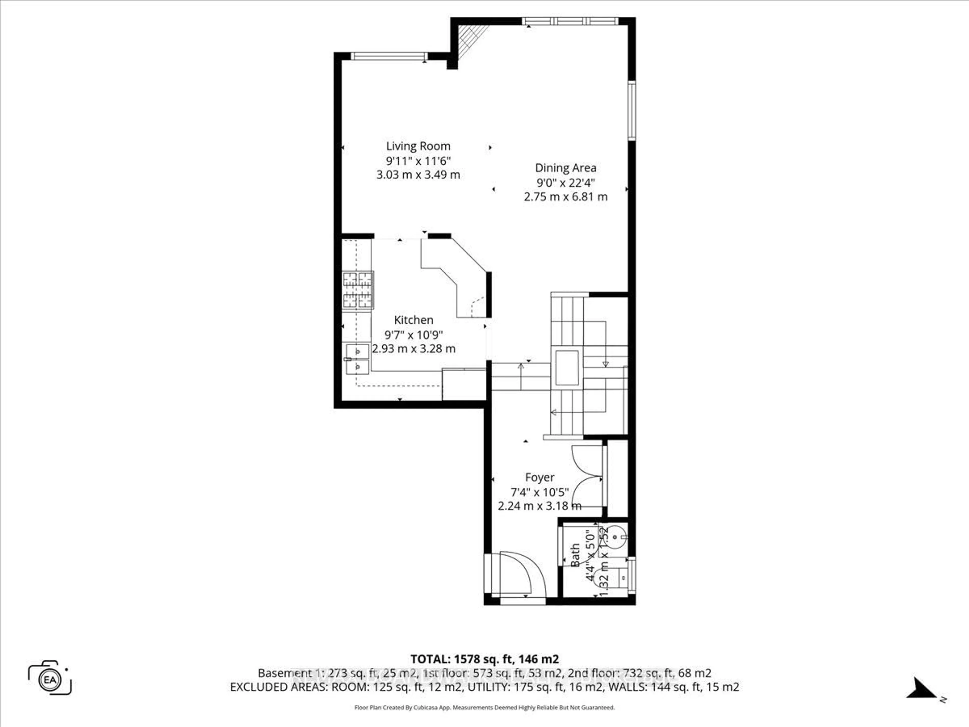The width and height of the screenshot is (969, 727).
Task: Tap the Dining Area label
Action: [566, 168]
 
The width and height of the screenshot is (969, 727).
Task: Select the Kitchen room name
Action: [414, 320]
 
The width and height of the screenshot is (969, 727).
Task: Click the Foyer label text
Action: [540, 477]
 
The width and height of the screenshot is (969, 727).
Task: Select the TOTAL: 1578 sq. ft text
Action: [484, 659]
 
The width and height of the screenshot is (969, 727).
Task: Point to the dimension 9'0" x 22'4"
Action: [566, 182]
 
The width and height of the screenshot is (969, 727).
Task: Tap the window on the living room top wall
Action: [389, 56]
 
